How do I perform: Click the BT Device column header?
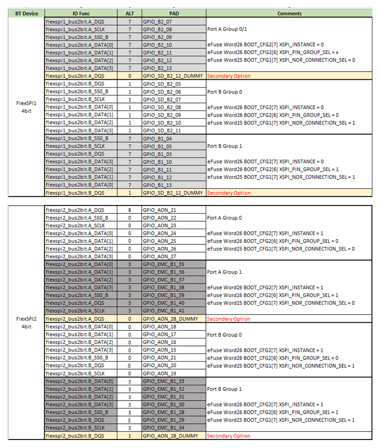pos(26,14)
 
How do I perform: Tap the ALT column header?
pos(129,14)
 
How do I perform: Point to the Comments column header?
pos(290,14)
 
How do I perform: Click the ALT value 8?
pos(129,210)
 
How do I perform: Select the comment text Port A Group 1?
pos(224,272)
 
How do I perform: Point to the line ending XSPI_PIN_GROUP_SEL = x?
pos(278,52)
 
